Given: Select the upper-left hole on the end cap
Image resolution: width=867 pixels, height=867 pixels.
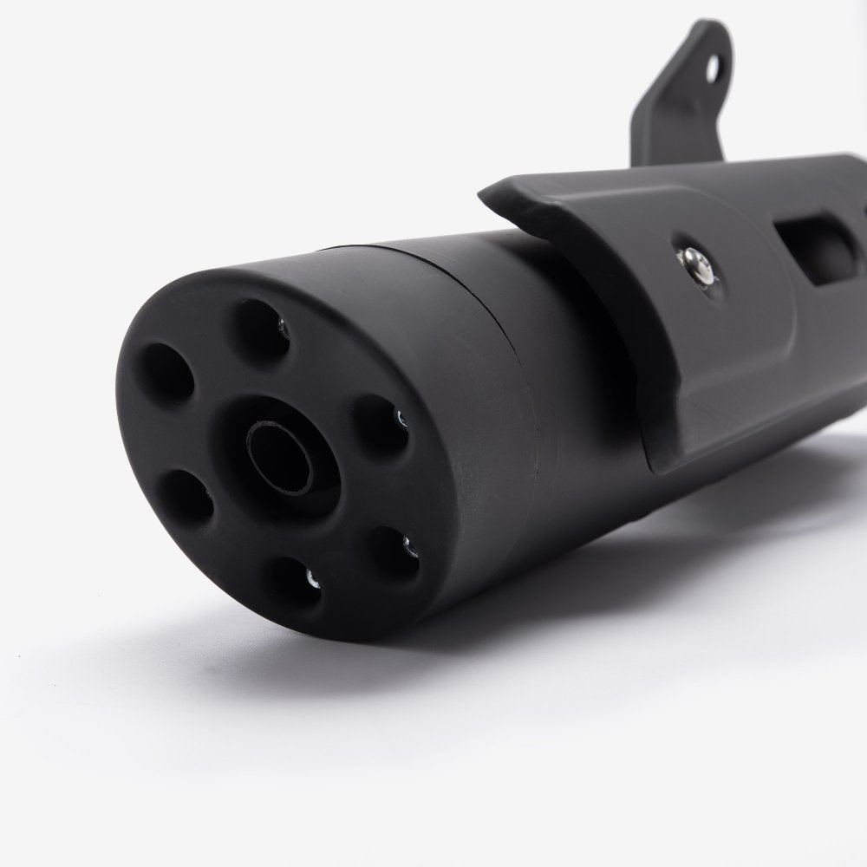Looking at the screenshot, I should click(166, 372).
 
